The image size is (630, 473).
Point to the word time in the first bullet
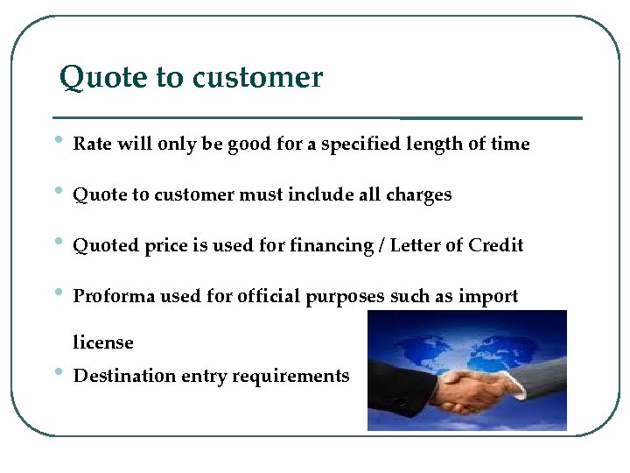tap(510, 144)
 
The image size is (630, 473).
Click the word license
tap(103, 342)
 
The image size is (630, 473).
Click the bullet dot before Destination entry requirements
tap(57, 371)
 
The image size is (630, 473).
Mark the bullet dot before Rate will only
tap(57, 140)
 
